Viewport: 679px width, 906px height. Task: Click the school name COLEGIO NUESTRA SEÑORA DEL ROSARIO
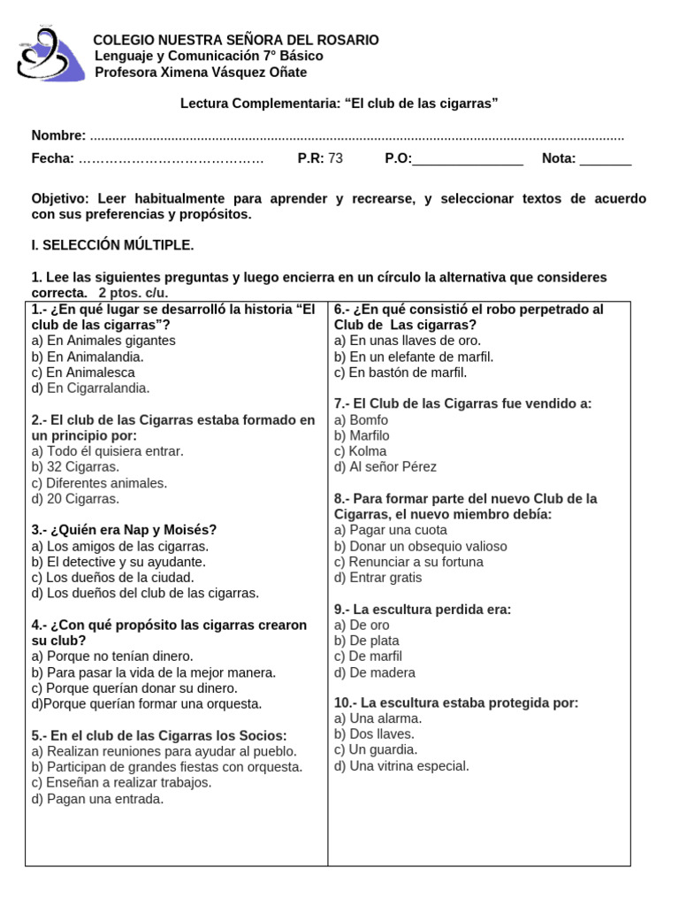(x=236, y=40)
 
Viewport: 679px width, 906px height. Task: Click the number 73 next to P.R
(x=335, y=159)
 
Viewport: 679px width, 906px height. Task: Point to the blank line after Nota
(x=606, y=160)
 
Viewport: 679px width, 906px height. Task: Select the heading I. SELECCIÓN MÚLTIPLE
(x=112, y=245)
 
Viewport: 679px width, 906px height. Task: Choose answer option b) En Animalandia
(x=87, y=357)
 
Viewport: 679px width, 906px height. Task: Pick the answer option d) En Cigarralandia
(x=90, y=388)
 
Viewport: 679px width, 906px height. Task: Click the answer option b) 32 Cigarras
(x=74, y=467)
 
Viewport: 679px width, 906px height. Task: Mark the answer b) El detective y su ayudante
(x=118, y=562)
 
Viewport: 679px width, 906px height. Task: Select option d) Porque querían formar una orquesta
(x=147, y=704)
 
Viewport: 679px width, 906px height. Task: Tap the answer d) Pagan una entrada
(x=97, y=799)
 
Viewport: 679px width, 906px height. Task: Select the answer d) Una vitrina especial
(x=401, y=766)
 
